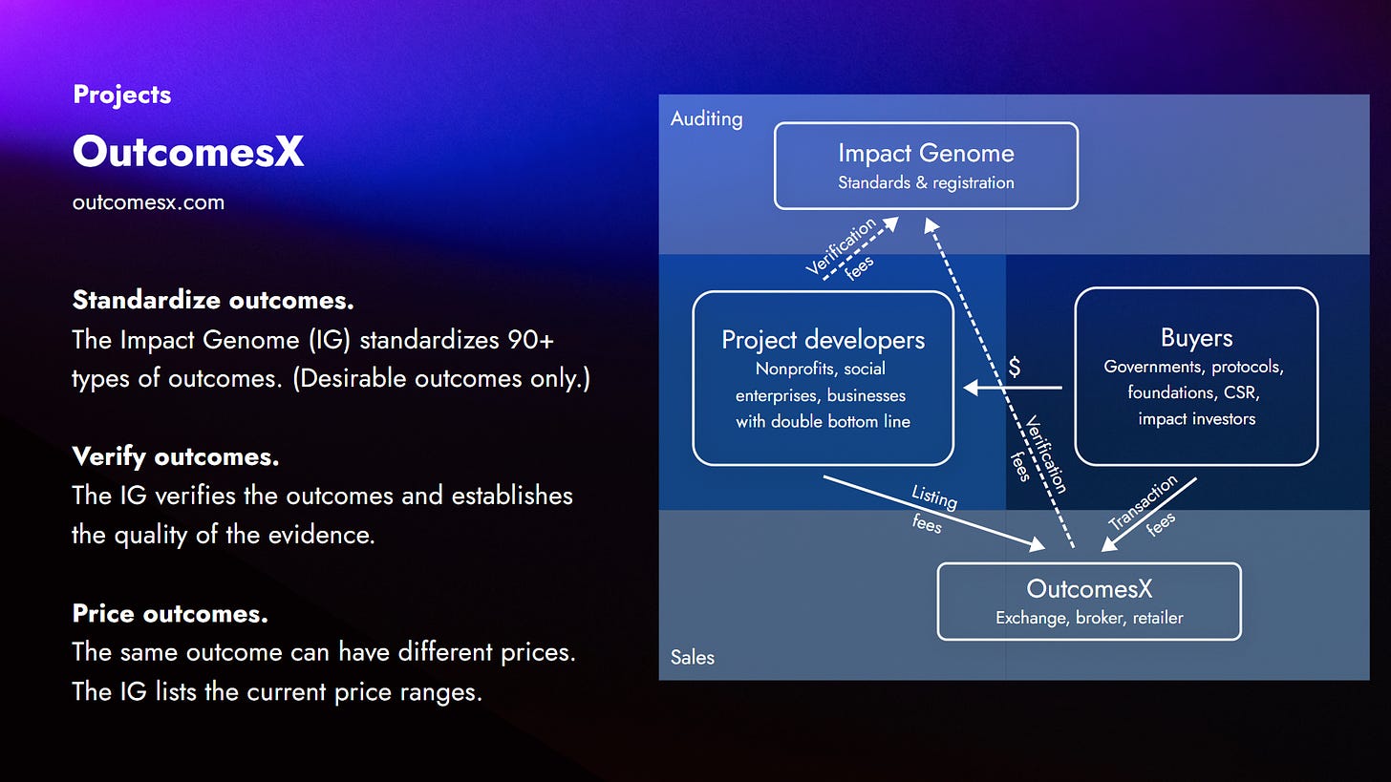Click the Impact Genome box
pos(926,165)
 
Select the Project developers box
pos(823,378)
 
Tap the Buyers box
pos(1196,376)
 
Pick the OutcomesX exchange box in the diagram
pos(1089,601)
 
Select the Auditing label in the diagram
pos(706,118)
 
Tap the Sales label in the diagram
pos(692,657)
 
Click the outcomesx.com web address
pos(148,202)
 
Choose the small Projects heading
pos(121,95)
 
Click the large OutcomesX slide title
pos(188,151)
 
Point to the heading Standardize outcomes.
pos(213,300)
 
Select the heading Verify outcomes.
pos(176,456)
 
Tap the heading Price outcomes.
pos(170,613)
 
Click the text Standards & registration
pos(926,182)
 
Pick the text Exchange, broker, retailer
pos(1089,618)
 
